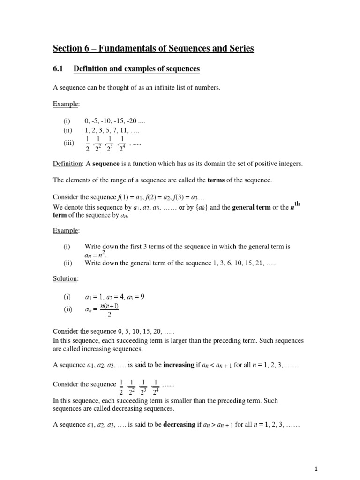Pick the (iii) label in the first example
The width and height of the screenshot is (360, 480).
(69, 143)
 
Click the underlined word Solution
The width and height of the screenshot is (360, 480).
(65, 278)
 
